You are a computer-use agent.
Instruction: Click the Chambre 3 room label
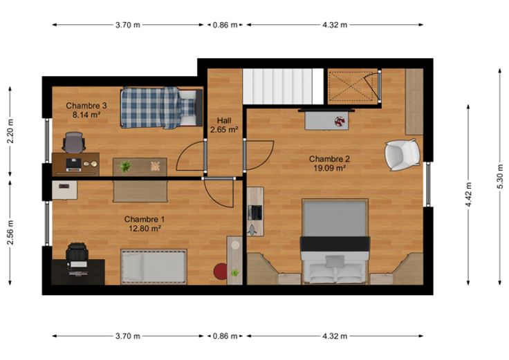(x=86, y=106)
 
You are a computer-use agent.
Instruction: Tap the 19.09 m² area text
(x=329, y=168)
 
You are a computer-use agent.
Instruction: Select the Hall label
(x=224, y=121)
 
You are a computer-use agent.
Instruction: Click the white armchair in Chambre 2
(x=402, y=155)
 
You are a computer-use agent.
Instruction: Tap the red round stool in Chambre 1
(x=221, y=271)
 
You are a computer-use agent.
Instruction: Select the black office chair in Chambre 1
(x=77, y=252)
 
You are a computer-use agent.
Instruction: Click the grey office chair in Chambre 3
(x=74, y=142)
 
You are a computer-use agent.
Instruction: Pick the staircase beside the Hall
(x=283, y=86)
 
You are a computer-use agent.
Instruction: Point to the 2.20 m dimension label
(x=10, y=131)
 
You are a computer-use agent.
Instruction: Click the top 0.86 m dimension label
(x=225, y=25)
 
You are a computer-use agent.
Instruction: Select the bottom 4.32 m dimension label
(x=335, y=336)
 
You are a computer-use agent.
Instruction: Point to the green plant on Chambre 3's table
(x=125, y=167)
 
